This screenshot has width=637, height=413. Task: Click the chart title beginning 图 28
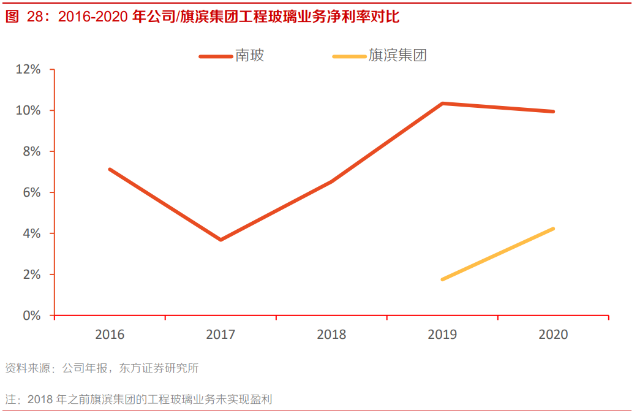point(202,17)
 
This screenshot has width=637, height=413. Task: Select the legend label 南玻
point(250,56)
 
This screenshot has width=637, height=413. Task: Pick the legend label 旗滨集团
point(398,56)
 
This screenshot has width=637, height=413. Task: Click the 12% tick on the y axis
point(28,69)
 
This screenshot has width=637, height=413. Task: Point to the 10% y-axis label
point(28,110)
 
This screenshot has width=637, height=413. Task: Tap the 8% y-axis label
point(31,151)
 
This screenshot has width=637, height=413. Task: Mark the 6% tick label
point(31,192)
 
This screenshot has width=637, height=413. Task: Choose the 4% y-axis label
point(31,233)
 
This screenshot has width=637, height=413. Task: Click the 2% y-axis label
point(31,275)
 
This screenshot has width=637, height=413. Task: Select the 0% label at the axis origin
point(31,316)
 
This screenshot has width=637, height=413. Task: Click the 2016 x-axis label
point(110,335)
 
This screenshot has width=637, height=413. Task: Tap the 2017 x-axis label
point(221,335)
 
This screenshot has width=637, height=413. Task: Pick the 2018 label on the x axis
point(331,335)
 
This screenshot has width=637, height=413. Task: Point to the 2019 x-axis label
point(442,335)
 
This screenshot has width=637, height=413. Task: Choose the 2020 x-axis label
point(553,335)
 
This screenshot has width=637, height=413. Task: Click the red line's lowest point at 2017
point(221,240)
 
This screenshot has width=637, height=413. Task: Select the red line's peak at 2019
point(442,103)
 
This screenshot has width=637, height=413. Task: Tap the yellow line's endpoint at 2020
point(553,229)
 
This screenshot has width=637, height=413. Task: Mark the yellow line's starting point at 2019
point(442,279)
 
